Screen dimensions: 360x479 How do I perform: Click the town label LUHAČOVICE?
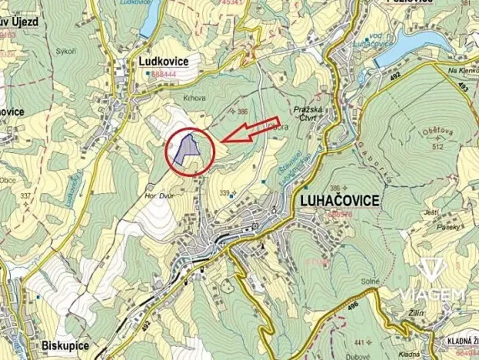click(x=336, y=201)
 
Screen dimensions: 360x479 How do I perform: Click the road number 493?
click(x=463, y=88)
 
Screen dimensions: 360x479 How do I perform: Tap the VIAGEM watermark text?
click(x=431, y=295)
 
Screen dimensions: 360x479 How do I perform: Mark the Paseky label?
click(x=450, y=227)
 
